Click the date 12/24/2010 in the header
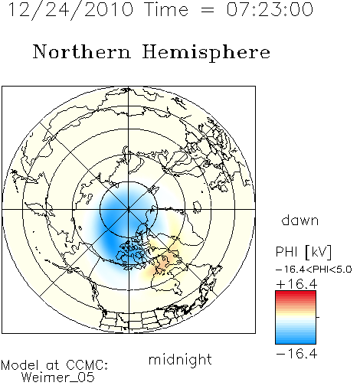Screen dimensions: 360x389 (x=70, y=10)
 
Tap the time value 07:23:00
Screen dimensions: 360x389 (x=270, y=9)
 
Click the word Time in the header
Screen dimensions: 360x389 (x=166, y=9)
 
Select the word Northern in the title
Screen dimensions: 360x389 (x=82, y=51)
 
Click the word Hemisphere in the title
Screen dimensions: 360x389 (x=206, y=53)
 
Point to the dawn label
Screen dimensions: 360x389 (x=300, y=221)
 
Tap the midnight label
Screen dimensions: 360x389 (x=180, y=359)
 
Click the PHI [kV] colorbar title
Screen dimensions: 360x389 (x=303, y=252)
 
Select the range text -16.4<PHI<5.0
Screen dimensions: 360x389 (x=314, y=270)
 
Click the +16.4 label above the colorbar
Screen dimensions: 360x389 (x=296, y=284)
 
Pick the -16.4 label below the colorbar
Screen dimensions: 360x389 (x=296, y=354)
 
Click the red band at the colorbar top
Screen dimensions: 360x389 (x=296, y=294)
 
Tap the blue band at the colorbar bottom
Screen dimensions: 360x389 (x=296, y=340)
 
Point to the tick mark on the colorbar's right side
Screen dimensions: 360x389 (x=318, y=317)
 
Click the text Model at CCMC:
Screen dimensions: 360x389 (x=54, y=365)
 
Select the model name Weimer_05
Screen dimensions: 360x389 (x=58, y=378)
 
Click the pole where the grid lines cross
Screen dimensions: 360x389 (x=129, y=209)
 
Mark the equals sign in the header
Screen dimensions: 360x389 (x=208, y=10)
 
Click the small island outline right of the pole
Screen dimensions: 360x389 (x=197, y=207)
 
